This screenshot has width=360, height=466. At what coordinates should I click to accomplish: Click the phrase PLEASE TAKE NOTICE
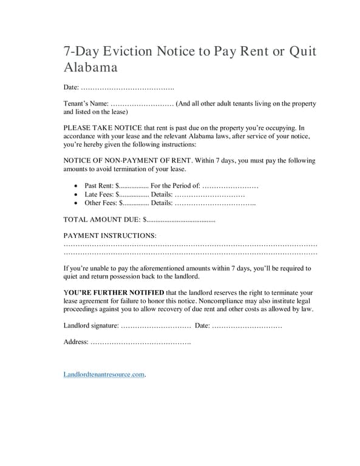click(102, 128)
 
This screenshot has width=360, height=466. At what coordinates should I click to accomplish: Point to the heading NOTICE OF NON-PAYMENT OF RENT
click(127, 161)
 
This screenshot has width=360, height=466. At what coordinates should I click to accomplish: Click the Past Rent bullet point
click(75, 186)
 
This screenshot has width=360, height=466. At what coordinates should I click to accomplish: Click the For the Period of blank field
click(230, 186)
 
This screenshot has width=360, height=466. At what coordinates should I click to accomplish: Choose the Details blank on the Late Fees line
click(210, 194)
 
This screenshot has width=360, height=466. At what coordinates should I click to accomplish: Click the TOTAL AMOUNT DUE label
click(101, 220)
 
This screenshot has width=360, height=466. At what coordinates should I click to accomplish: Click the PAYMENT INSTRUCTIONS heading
click(109, 235)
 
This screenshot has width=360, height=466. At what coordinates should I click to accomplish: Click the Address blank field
click(140, 342)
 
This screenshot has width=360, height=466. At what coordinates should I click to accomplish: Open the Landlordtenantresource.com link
click(104, 374)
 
